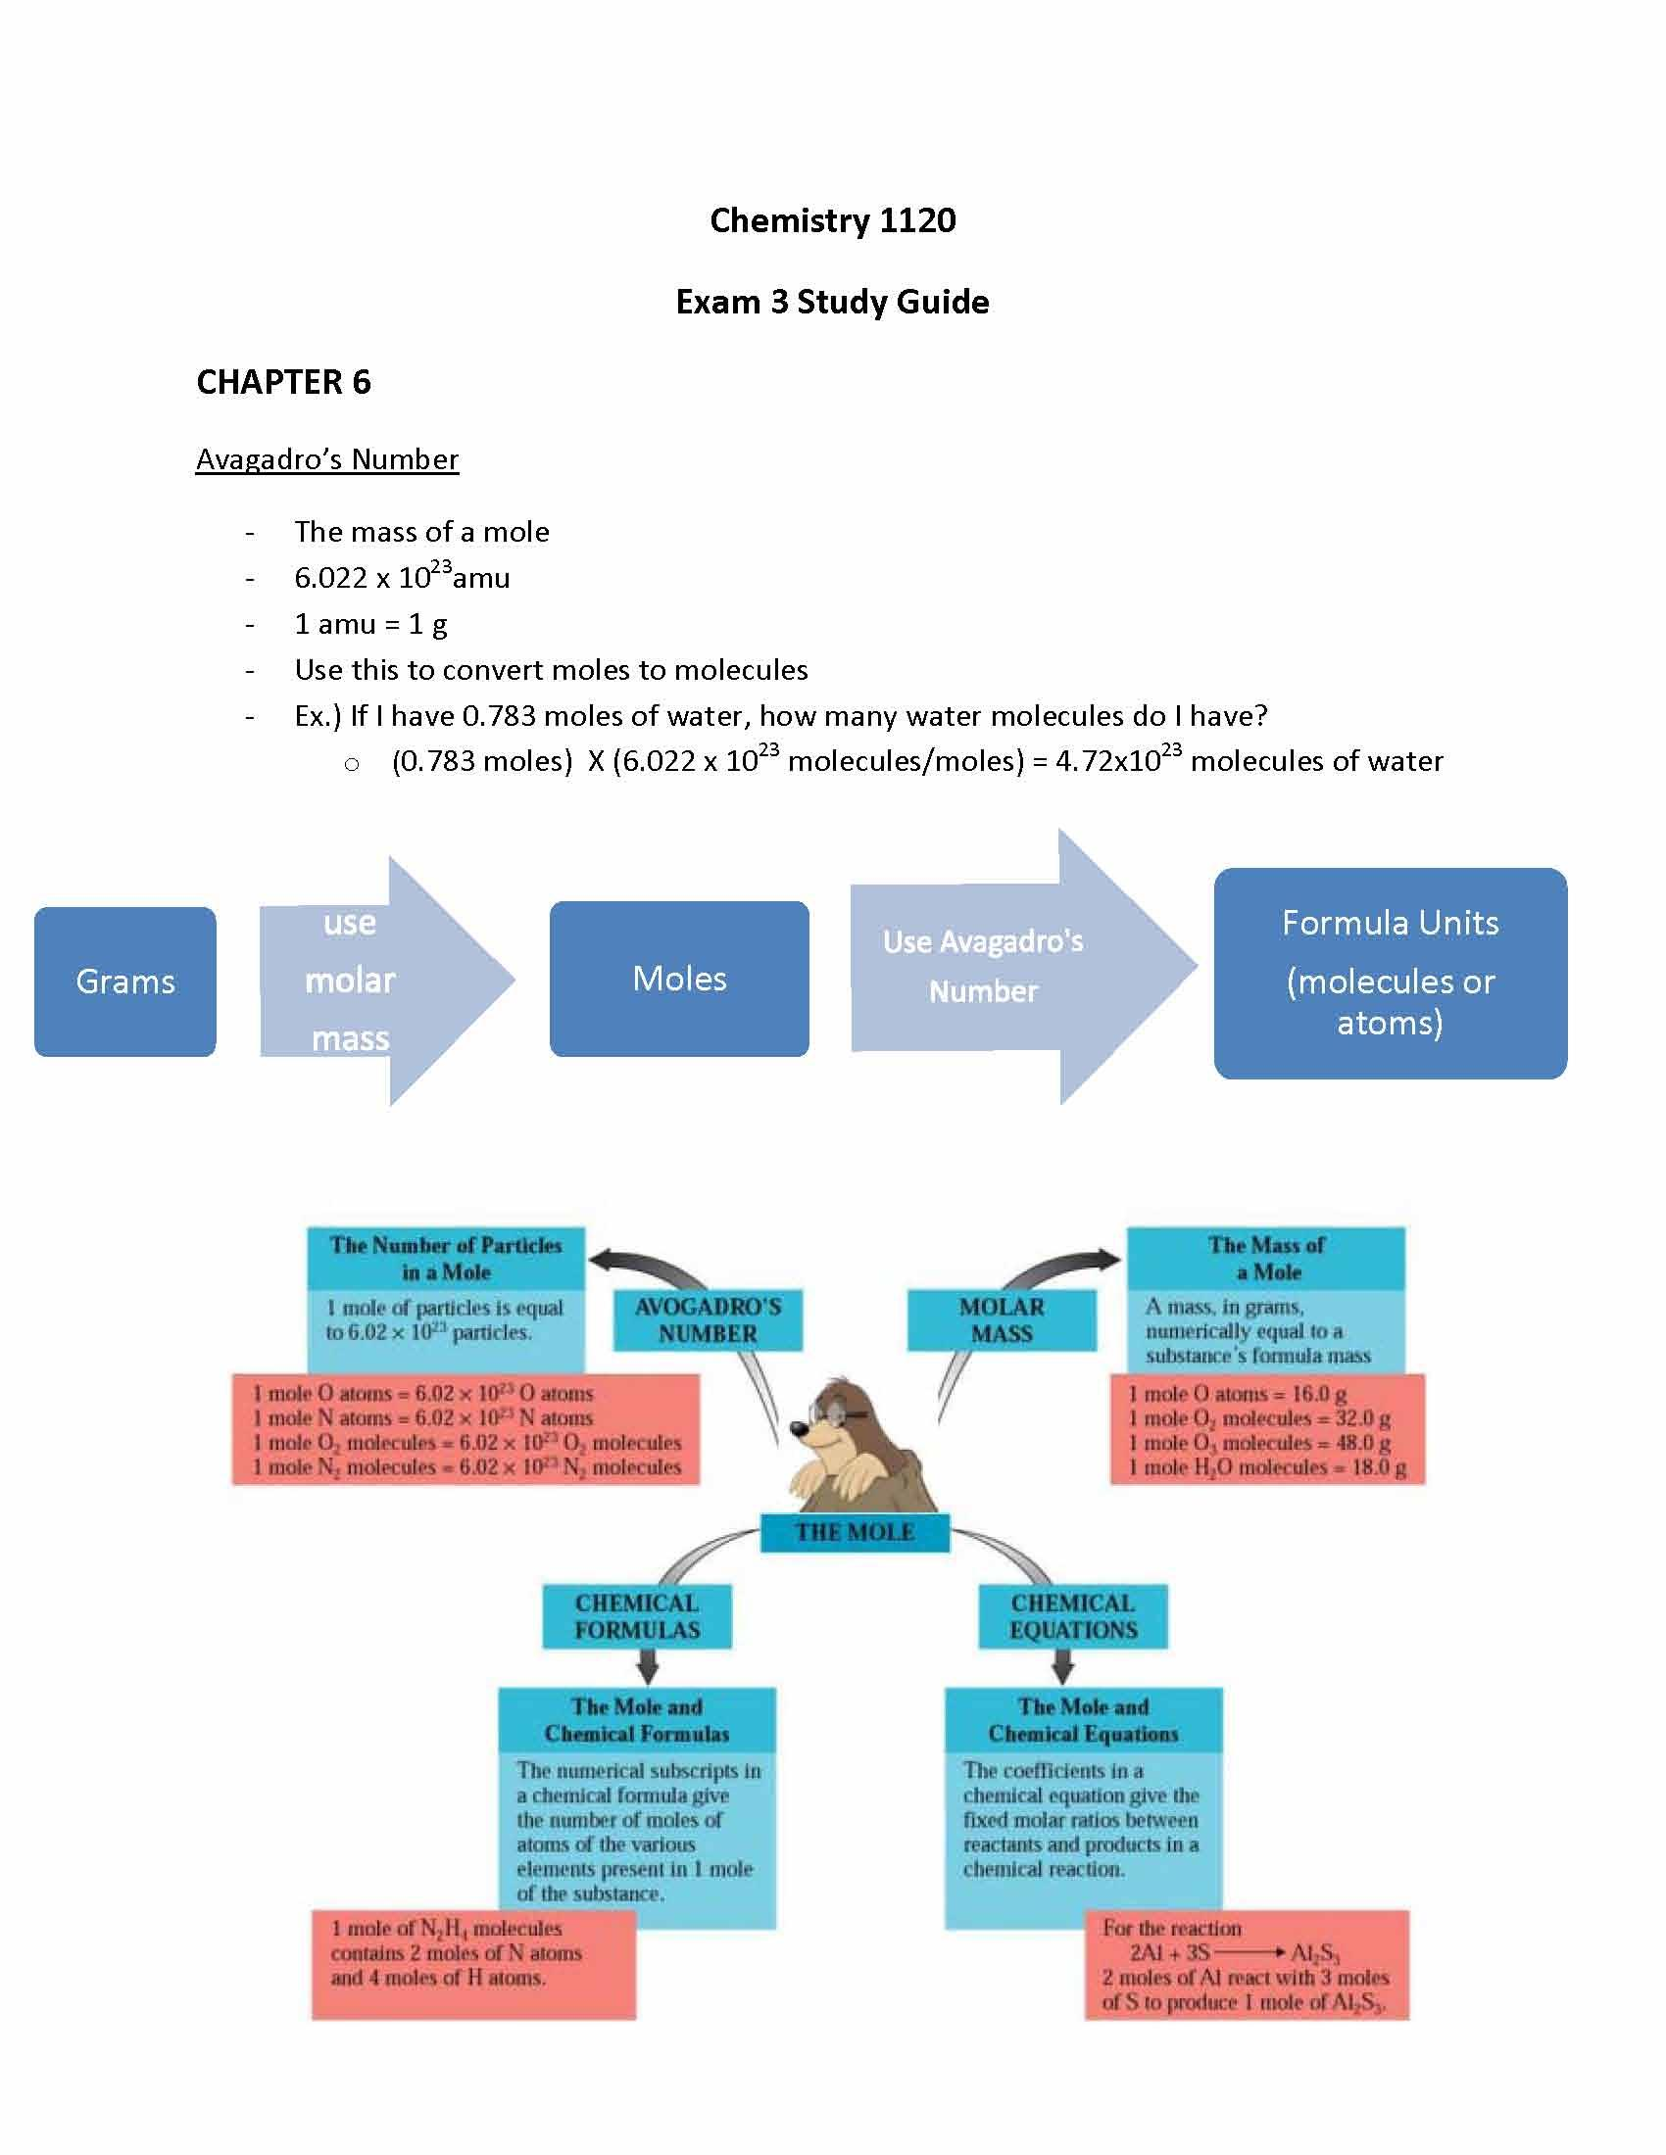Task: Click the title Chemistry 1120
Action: click(832, 220)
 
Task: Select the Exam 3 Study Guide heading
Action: click(832, 302)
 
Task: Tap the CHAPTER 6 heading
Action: click(283, 383)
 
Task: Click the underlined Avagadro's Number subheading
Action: click(326, 459)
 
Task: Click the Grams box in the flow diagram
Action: click(125, 982)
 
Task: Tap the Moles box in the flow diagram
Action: click(679, 979)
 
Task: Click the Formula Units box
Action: click(1390, 973)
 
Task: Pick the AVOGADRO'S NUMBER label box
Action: click(708, 1320)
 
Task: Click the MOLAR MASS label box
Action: click(1001, 1320)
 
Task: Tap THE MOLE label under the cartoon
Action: click(855, 1532)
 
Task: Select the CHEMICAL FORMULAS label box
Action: click(637, 1616)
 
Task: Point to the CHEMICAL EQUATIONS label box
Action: click(1073, 1616)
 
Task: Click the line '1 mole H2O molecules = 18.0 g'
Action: click(1267, 1468)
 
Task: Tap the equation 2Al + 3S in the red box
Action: click(1169, 1952)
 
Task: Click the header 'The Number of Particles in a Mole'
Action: click(446, 1258)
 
